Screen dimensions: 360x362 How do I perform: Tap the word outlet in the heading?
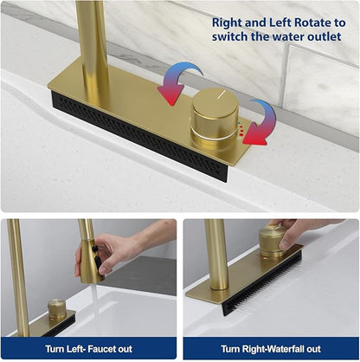tap(325, 36)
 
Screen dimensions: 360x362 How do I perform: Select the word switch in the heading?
tap(229, 36)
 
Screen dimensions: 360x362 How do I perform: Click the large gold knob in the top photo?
tap(215, 118)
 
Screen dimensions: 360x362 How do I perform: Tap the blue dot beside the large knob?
tap(239, 123)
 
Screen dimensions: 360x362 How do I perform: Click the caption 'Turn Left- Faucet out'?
tap(89, 349)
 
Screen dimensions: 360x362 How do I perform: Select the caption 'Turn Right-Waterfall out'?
tap(271, 349)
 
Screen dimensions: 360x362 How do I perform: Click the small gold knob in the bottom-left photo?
tap(57, 309)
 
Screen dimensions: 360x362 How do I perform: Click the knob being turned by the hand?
tap(271, 242)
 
